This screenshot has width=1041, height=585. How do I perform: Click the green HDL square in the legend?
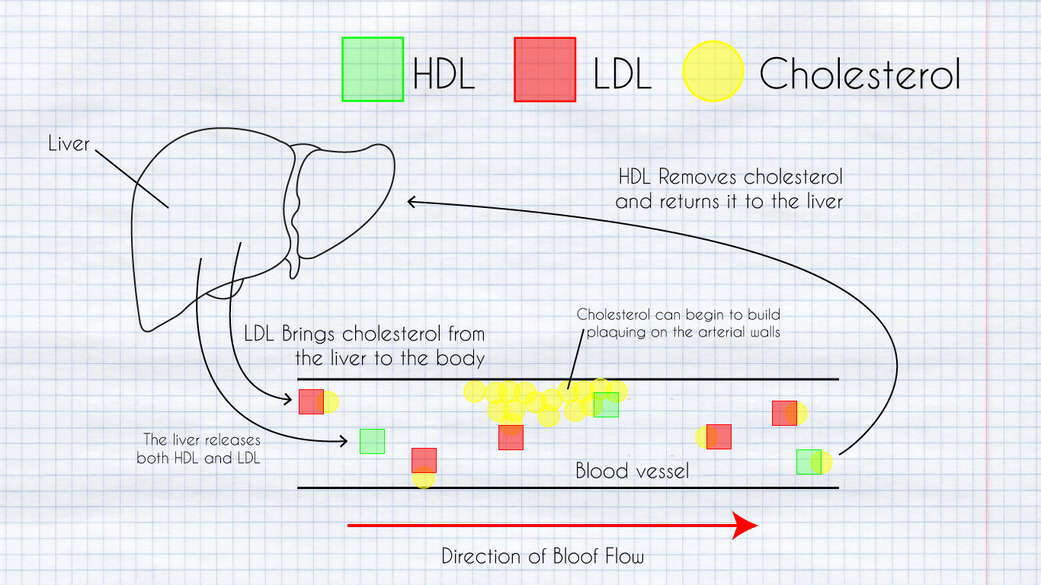pos(373,69)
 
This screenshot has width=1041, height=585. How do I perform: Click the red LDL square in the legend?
pos(545,69)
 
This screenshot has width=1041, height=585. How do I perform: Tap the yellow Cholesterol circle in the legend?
pos(713,71)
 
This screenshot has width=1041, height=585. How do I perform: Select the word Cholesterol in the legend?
pos(860,74)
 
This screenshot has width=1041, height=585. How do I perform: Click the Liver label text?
pos(69,143)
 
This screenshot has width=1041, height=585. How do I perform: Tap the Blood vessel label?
pos(632,471)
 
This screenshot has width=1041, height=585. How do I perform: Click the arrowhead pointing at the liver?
pos(412,202)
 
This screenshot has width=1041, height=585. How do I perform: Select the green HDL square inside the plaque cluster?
pos(607,404)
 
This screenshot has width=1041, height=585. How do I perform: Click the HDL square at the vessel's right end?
pos(809,462)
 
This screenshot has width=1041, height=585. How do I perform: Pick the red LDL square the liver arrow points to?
pos(311,401)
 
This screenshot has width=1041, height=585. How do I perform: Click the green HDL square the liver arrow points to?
pos(372,441)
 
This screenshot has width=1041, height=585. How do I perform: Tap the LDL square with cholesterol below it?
pos(424,460)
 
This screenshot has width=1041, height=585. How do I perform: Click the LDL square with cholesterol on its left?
pos(719,436)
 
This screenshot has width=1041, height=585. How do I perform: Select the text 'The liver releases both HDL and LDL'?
pos(200,449)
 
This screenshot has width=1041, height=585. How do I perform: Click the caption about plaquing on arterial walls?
pos(678,323)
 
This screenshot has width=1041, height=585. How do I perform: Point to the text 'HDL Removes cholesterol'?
pos(730,177)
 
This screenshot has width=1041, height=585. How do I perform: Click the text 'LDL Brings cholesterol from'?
pos(364,334)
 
